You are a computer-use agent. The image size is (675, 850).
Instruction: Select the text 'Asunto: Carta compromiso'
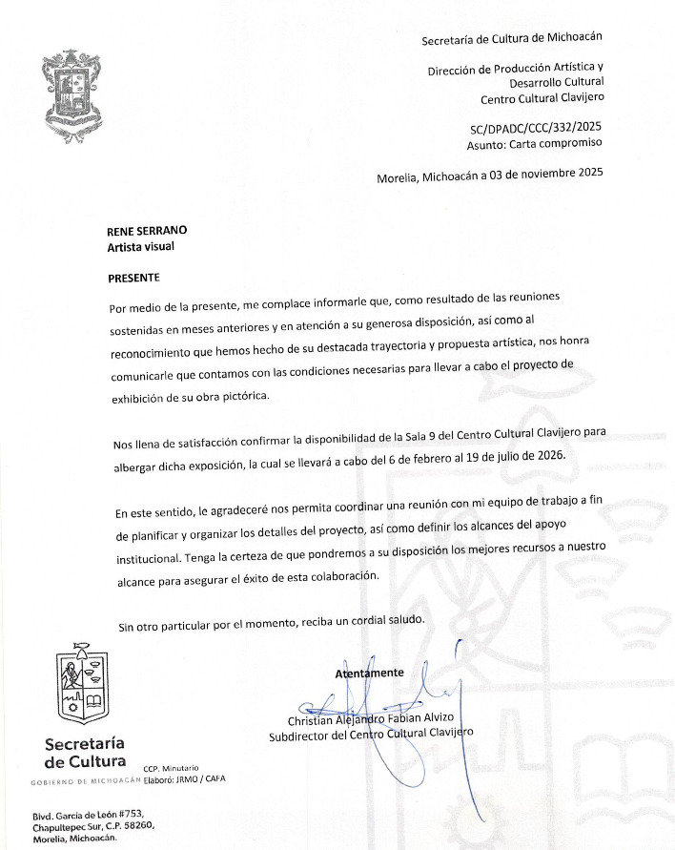pos(535,144)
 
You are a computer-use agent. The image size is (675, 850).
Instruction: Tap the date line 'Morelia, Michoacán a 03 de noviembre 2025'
pos(490,175)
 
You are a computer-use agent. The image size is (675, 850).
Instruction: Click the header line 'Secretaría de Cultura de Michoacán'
pos(512,38)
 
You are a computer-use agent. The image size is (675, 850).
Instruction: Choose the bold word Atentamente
pos(369,674)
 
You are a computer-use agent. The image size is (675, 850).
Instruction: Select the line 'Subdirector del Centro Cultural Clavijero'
pos(371,736)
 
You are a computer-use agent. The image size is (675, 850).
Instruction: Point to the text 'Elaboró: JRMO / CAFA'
pos(185,778)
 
